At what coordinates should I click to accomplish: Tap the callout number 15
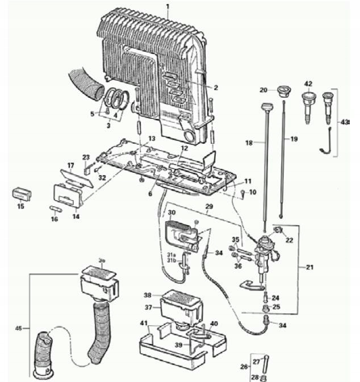(20, 206)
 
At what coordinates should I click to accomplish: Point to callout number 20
(263, 90)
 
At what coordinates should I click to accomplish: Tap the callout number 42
(308, 84)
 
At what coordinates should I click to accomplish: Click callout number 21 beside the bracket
(309, 267)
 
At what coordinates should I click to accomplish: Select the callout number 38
(148, 295)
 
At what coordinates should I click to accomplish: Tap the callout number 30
(171, 212)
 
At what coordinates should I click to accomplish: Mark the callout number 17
(71, 165)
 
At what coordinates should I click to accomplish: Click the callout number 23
(86, 157)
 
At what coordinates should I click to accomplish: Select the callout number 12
(184, 148)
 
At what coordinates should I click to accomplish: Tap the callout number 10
(253, 192)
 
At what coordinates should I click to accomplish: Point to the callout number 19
(293, 139)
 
